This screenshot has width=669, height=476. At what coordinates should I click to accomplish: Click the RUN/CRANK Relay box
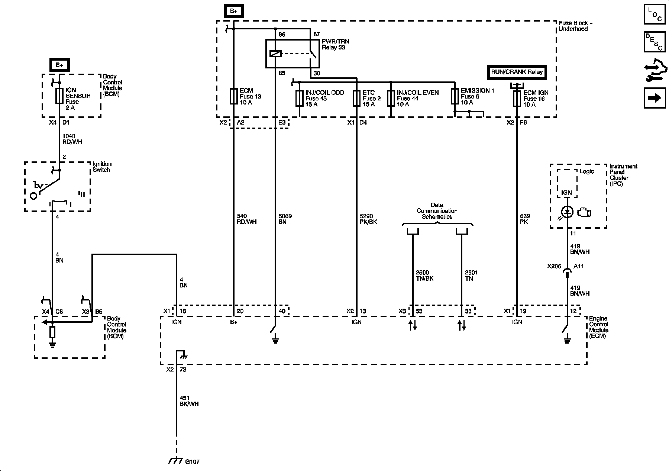click(517, 72)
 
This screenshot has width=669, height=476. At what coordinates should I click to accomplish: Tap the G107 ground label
click(192, 462)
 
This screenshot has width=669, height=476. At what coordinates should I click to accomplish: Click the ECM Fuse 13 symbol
click(234, 96)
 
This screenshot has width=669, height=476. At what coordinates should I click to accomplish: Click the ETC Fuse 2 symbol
click(357, 98)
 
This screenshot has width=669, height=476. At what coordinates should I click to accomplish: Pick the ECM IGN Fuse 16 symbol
click(517, 98)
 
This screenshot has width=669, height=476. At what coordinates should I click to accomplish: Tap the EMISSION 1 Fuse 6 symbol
click(455, 96)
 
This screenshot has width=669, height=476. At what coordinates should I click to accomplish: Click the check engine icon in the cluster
click(584, 212)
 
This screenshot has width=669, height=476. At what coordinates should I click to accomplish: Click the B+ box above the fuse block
click(233, 11)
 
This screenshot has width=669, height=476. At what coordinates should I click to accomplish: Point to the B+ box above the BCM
click(59, 65)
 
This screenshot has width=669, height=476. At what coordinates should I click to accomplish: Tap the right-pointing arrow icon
click(655, 98)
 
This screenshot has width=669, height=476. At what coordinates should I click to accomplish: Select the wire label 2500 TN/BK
click(425, 276)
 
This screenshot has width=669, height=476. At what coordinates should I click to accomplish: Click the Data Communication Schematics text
click(437, 211)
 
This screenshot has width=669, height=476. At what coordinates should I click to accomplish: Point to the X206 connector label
click(554, 267)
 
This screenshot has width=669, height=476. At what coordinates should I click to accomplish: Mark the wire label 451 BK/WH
click(189, 401)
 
